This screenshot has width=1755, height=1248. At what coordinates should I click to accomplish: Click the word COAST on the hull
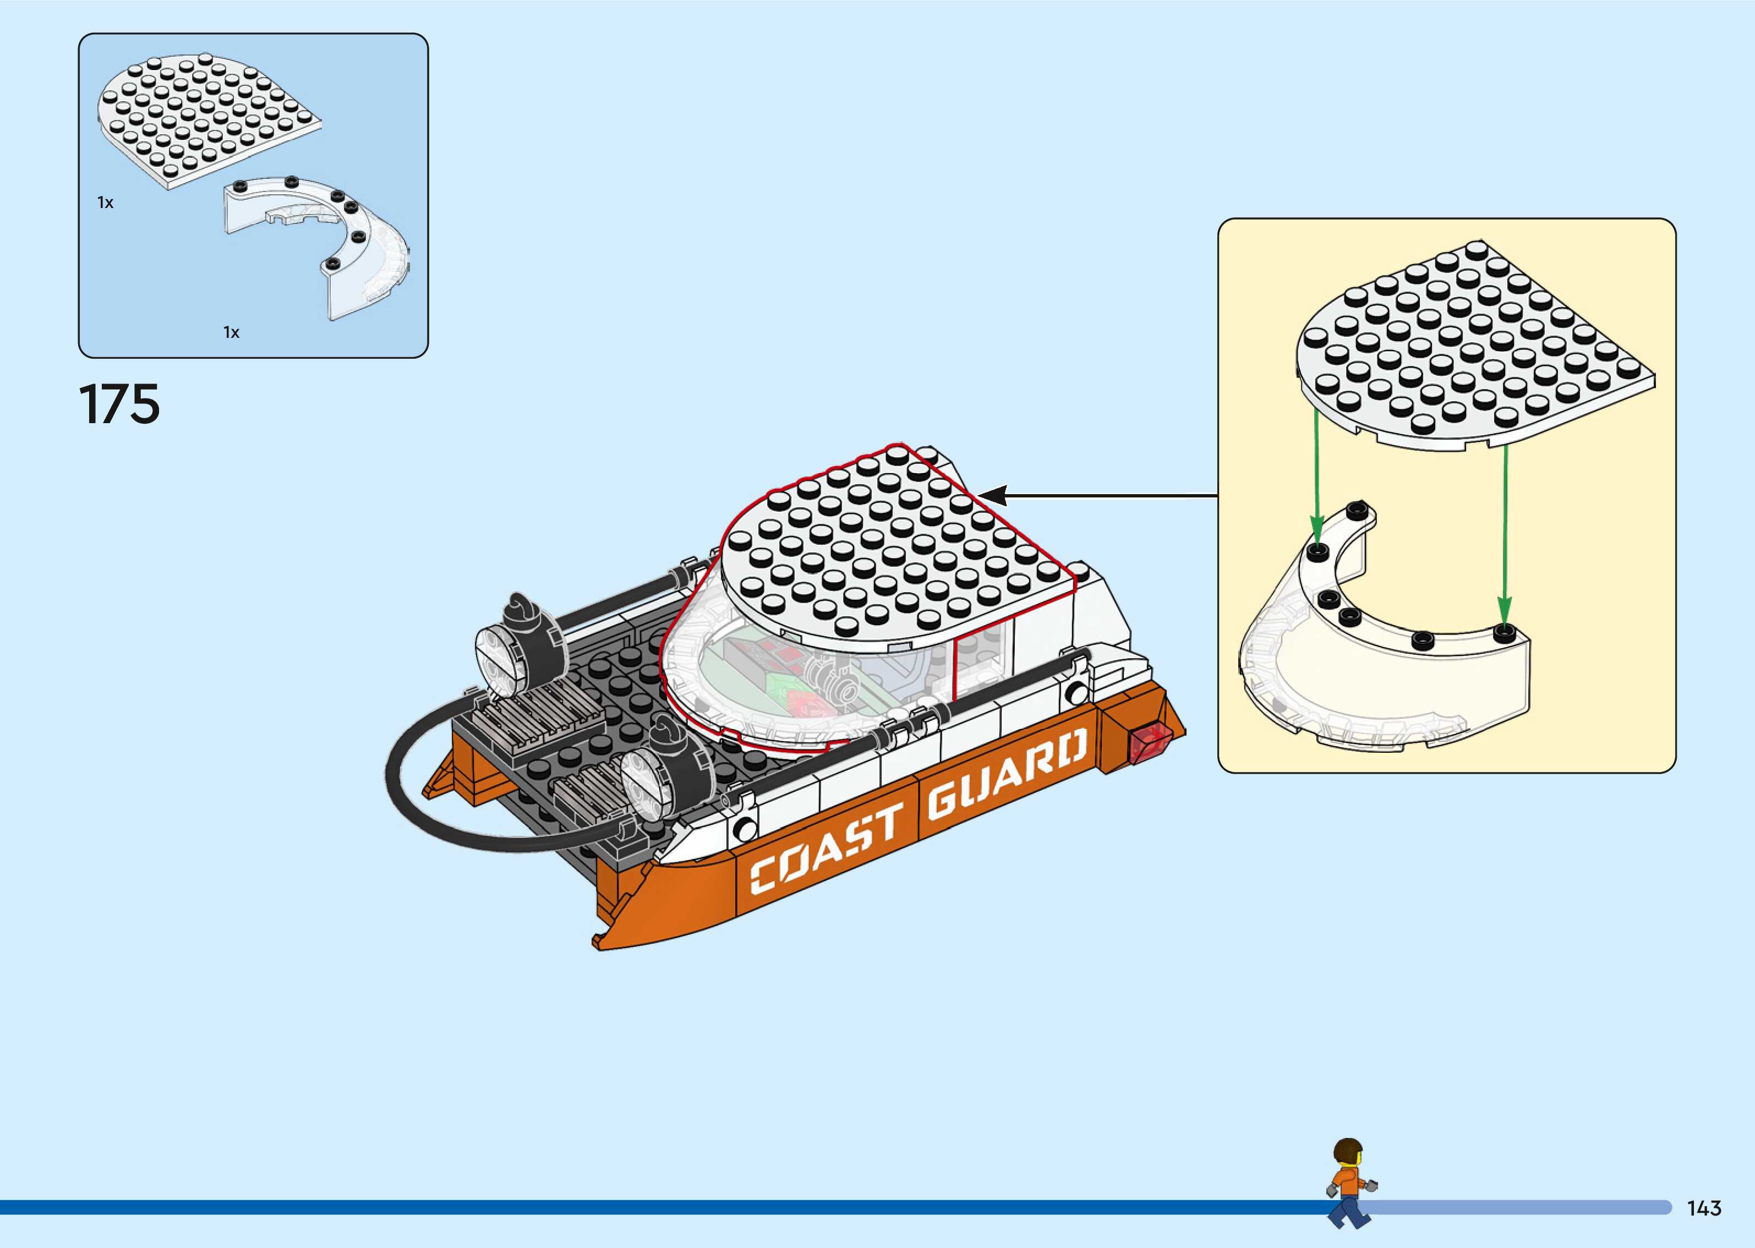(827, 847)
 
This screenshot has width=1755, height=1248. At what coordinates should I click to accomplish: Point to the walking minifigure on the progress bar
(1350, 1184)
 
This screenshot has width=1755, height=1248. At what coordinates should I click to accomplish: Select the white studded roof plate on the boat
(892, 546)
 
